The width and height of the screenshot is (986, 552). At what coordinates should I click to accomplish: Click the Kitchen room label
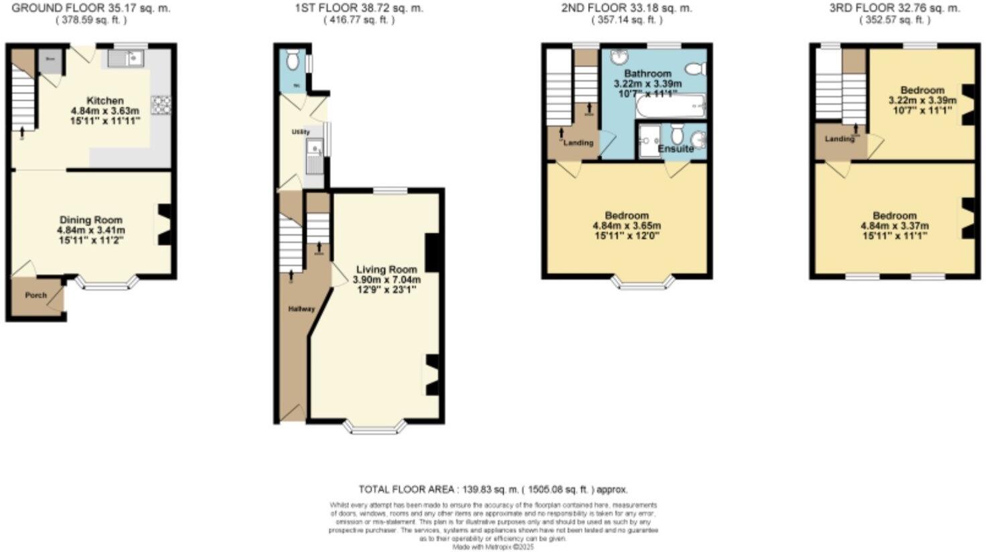tap(105, 100)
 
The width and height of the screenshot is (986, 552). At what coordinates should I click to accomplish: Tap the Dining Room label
tap(91, 220)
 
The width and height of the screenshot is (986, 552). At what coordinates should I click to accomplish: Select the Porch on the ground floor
tap(36, 295)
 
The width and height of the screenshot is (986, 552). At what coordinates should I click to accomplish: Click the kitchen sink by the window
tap(125, 59)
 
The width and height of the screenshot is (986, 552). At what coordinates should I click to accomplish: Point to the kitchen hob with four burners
tap(161, 105)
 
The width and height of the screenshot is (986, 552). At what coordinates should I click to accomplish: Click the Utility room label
tap(301, 132)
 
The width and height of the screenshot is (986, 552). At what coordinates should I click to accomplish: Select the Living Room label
tap(386, 269)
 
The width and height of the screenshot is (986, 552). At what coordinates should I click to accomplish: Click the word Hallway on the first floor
tap(301, 309)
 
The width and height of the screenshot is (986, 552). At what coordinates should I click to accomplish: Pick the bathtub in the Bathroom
tap(671, 106)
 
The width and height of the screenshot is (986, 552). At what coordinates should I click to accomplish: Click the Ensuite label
tap(676, 149)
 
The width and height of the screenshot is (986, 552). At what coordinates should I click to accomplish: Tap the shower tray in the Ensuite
tap(648, 141)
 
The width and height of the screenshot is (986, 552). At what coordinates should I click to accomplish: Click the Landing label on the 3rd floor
tap(839, 139)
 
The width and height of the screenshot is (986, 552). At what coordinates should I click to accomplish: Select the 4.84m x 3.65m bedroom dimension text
tap(627, 226)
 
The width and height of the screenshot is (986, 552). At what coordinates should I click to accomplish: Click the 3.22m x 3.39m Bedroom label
tap(922, 90)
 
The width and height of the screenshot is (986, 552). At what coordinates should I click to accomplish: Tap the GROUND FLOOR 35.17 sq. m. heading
tap(91, 9)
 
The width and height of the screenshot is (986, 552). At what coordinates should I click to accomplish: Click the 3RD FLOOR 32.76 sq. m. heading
tap(895, 9)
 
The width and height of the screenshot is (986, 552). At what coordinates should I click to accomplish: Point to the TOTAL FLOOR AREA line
tap(493, 490)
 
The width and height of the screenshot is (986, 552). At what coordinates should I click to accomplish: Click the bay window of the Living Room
tap(374, 427)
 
